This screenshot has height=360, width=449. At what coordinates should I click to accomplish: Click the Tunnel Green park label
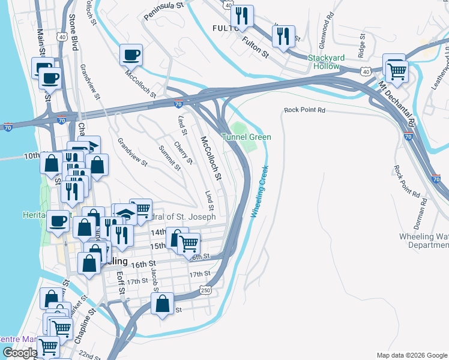(246, 137)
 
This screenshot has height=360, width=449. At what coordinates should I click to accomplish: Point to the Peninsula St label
(164, 10)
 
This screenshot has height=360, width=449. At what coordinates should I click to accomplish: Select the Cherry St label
(183, 152)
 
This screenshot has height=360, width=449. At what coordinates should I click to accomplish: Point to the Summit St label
(169, 158)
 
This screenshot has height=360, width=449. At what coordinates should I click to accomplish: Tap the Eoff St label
(120, 283)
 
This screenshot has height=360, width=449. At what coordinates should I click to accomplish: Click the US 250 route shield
(205, 290)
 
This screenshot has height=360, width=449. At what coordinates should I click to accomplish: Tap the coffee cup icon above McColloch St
(131, 56)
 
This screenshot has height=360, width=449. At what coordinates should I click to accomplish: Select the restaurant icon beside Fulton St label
(283, 36)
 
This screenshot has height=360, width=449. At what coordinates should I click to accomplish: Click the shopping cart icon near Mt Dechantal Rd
(397, 71)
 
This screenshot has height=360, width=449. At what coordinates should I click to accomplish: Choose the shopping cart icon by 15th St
(188, 243)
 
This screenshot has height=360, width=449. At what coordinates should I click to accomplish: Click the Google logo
(19, 353)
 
